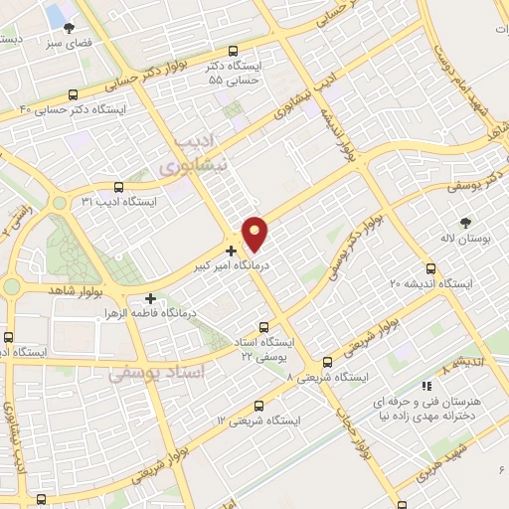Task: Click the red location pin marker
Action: point(255,233)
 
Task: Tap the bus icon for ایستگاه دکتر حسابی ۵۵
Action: point(234,52)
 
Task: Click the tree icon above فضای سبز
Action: point(69,28)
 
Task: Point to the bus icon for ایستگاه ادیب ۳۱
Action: point(119,186)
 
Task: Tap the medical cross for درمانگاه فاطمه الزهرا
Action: point(150,297)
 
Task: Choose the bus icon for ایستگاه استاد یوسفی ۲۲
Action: point(263,326)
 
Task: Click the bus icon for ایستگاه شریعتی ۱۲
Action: point(259,406)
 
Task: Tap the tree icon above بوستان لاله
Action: point(465,223)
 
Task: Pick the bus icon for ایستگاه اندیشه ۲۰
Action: point(430,268)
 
